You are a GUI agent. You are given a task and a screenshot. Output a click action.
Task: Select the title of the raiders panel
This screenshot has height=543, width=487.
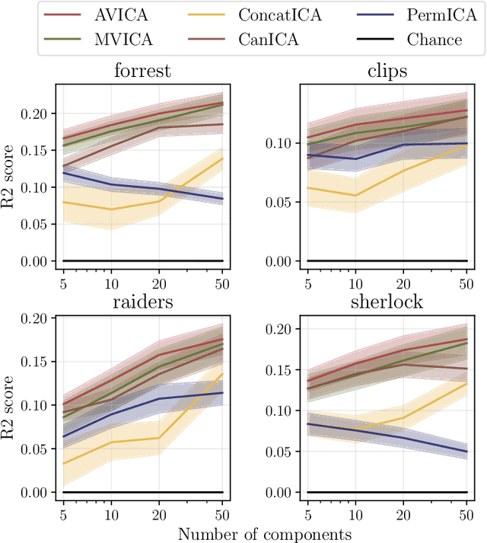tap(142, 300)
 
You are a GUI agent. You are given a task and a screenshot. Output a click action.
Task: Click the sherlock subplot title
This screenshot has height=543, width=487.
tap(387, 300)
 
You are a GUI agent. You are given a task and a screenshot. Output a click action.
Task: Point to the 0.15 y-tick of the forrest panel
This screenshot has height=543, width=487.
tap(38, 150)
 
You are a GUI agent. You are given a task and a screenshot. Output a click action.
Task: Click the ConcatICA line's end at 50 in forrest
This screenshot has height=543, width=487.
tap(223, 158)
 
